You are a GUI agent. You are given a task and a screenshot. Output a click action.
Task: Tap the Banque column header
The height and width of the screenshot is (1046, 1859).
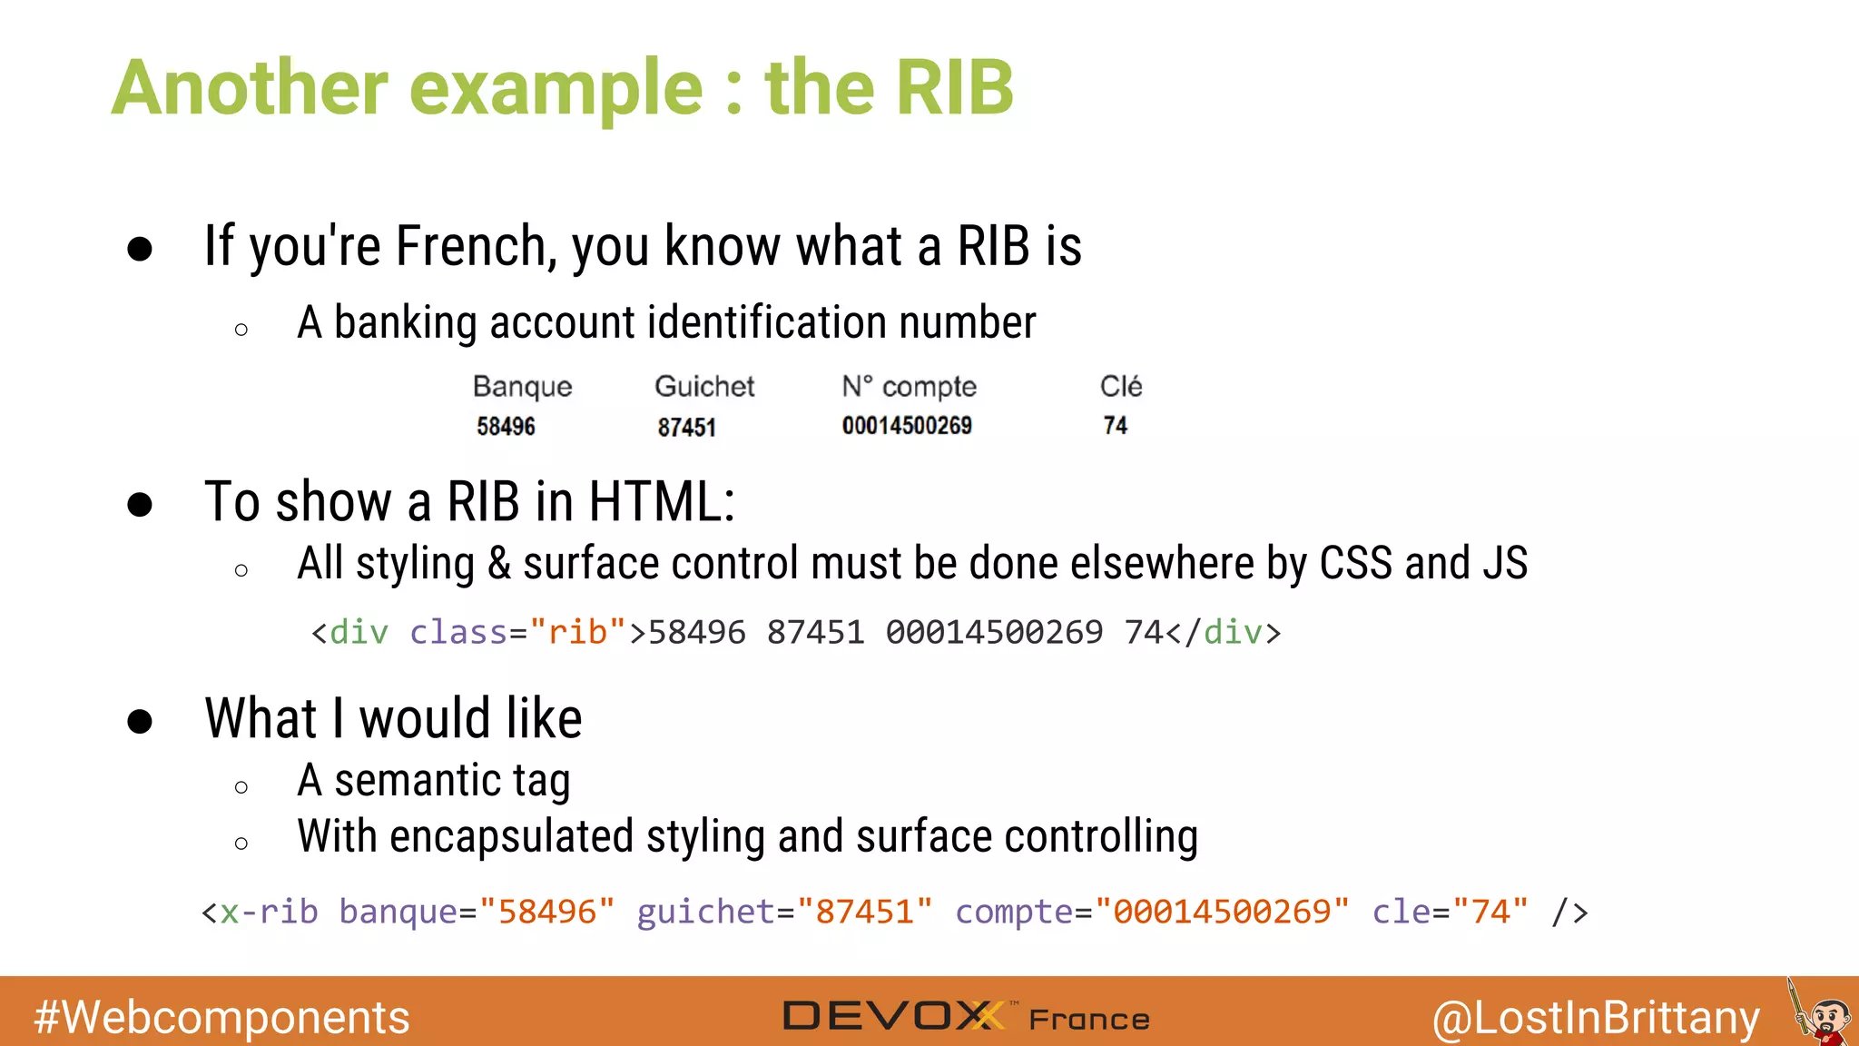pyautogui.click(x=522, y=387)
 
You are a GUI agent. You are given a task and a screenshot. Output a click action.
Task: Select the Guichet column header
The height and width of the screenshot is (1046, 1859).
pyautogui.click(x=704, y=387)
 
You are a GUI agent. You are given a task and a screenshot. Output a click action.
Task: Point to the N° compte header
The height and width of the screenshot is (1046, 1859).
pyautogui.click(x=909, y=387)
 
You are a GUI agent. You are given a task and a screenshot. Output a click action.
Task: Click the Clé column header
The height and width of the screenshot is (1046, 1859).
pyautogui.click(x=1121, y=387)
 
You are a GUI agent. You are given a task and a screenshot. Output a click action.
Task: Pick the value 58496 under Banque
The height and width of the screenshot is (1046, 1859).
pyautogui.click(x=506, y=426)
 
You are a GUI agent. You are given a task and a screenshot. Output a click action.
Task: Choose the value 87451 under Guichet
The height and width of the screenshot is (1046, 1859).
pyautogui.click(x=686, y=427)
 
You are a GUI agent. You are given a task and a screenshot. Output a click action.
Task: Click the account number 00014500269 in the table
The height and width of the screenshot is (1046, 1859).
pyautogui.click(x=907, y=426)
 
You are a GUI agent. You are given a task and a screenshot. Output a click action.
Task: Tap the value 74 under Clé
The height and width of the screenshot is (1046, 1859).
pyautogui.click(x=1115, y=426)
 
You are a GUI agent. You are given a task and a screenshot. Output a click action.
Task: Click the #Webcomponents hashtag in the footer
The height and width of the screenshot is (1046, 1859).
pyautogui.click(x=221, y=1017)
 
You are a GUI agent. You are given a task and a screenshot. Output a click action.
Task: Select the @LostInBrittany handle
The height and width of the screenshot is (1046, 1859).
pyautogui.click(x=1596, y=1018)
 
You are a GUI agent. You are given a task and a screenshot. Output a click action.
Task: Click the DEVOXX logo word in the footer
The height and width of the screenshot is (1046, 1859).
pyautogui.click(x=894, y=1016)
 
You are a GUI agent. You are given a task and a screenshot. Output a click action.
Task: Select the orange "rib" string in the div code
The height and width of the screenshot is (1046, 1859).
pyautogui.click(x=578, y=632)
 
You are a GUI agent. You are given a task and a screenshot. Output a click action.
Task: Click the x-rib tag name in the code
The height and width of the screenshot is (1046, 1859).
pyautogui.click(x=269, y=912)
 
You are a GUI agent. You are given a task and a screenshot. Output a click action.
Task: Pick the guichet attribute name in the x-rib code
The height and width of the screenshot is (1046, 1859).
pyautogui.click(x=705, y=912)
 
